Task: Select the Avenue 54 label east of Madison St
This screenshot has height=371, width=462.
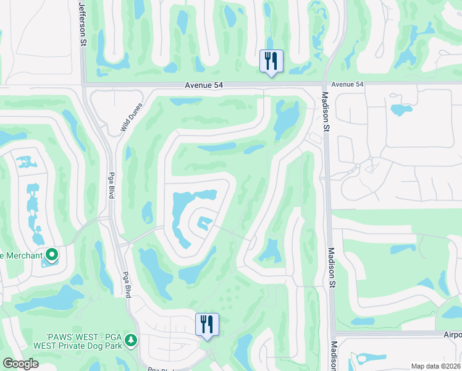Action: [x=348, y=84]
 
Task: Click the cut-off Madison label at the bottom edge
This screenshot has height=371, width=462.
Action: [x=334, y=356]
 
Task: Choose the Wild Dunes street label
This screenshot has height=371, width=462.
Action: [x=131, y=119]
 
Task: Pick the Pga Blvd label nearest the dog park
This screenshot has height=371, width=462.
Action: [x=128, y=284]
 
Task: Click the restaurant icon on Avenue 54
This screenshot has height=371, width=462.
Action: [x=271, y=61]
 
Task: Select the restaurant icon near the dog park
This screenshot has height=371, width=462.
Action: [x=207, y=324]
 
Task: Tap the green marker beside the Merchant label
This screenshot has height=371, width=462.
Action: [x=52, y=254]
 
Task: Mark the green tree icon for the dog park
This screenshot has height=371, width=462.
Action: [x=131, y=340]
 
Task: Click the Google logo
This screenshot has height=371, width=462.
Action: [x=20, y=363]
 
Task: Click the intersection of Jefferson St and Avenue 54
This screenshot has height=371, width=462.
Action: [x=82, y=85]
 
